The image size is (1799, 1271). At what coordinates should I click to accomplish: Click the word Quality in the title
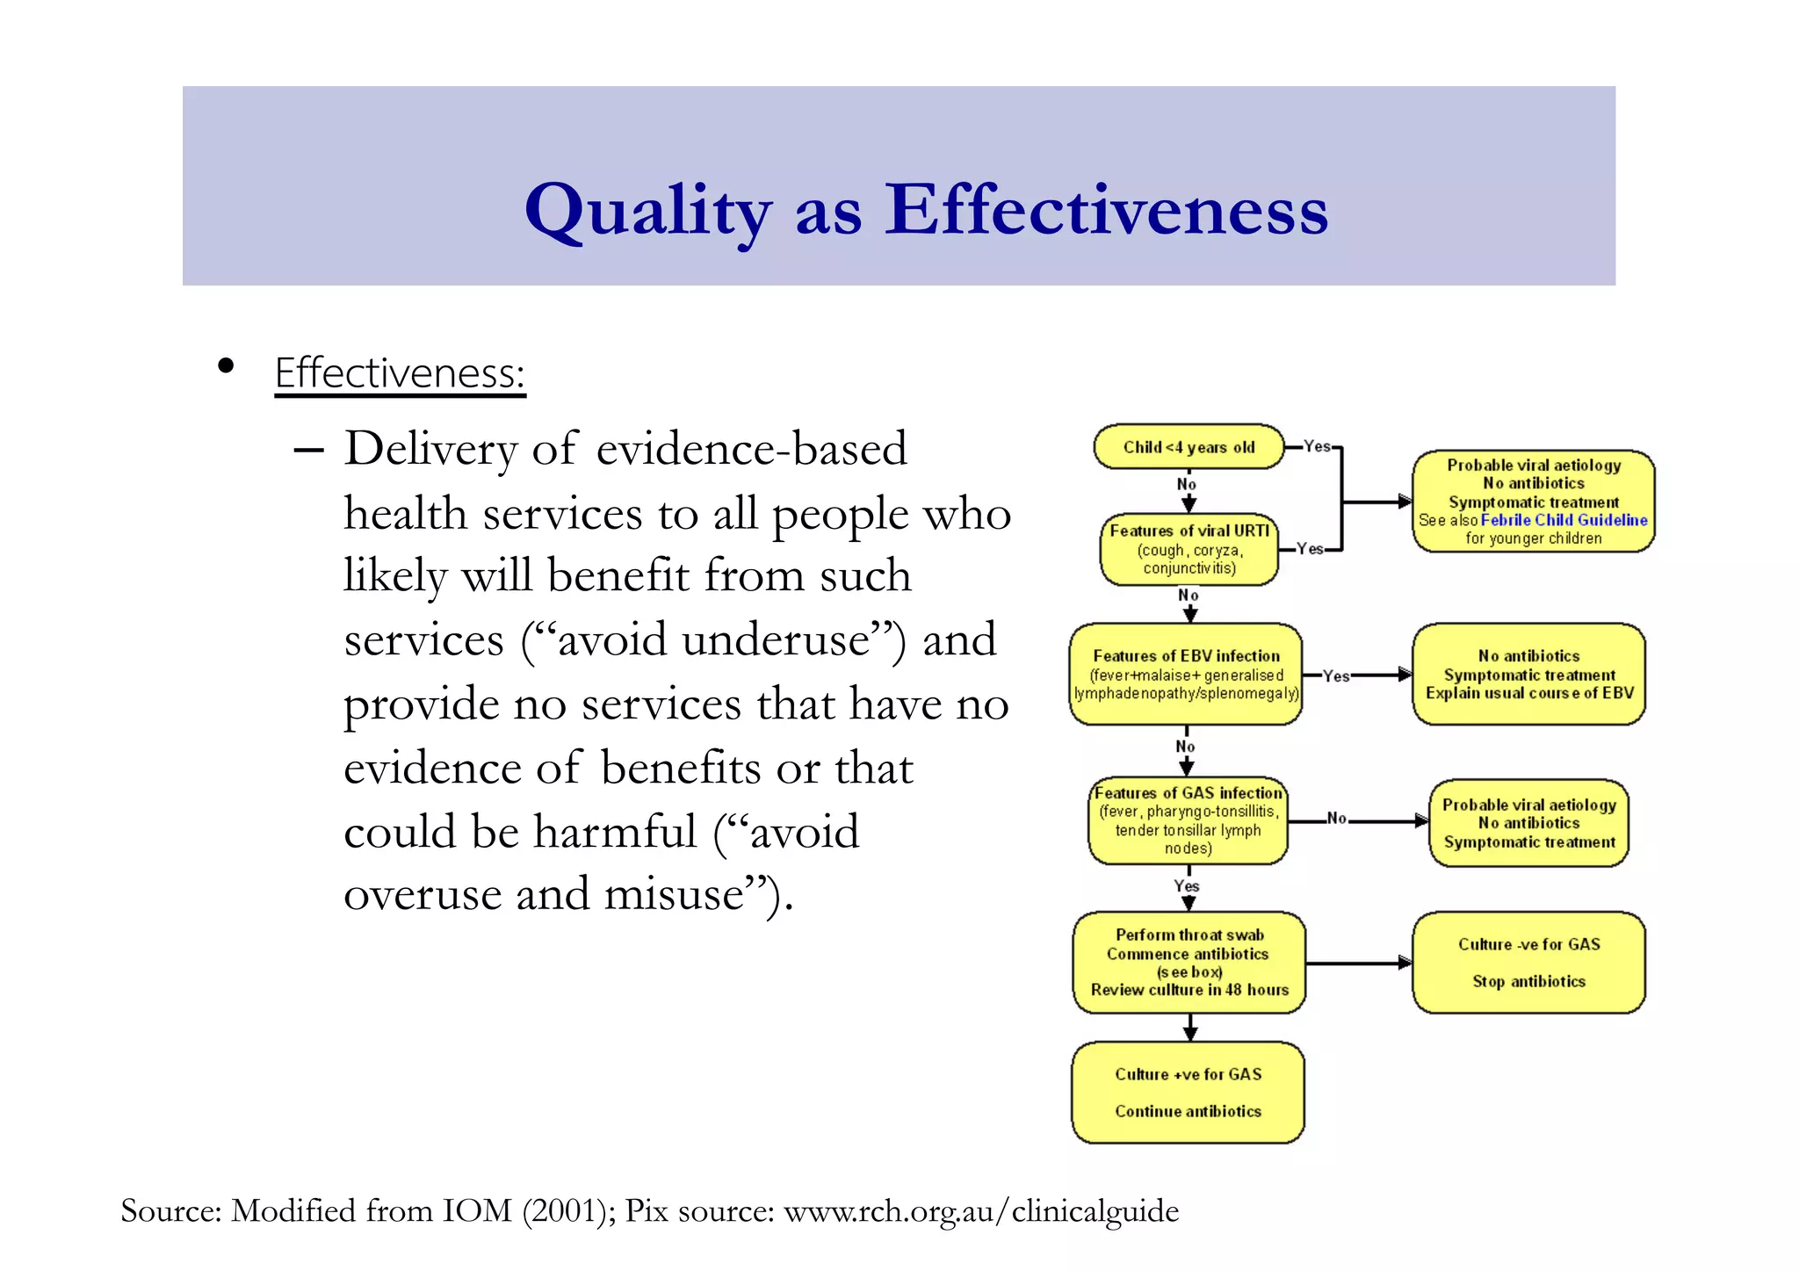click(647, 211)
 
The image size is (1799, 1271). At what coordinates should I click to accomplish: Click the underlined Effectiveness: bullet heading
click(400, 373)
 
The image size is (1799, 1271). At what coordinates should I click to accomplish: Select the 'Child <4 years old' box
click(1188, 447)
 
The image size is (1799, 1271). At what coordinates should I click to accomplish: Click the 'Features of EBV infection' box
click(1185, 675)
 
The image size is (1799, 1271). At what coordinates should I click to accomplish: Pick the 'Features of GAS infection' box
click(1188, 820)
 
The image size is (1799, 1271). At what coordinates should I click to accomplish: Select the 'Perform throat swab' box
click(1188, 963)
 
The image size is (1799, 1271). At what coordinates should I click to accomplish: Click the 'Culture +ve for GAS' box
click(1188, 1093)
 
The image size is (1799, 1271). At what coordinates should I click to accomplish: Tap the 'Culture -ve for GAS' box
click(1528, 963)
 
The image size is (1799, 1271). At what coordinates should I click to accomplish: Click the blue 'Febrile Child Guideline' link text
click(1564, 520)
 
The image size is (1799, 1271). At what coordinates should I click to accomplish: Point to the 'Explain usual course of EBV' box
click(1528, 675)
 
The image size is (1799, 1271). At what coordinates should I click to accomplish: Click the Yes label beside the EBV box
click(1336, 675)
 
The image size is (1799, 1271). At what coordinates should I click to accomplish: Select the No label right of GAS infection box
click(1336, 818)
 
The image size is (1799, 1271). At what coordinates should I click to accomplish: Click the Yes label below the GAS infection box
click(1187, 885)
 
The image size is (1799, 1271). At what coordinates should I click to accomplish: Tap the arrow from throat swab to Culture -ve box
click(1358, 964)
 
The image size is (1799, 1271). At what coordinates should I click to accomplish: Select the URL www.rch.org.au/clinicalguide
click(980, 1211)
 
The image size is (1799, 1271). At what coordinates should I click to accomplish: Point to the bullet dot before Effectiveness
click(226, 366)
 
